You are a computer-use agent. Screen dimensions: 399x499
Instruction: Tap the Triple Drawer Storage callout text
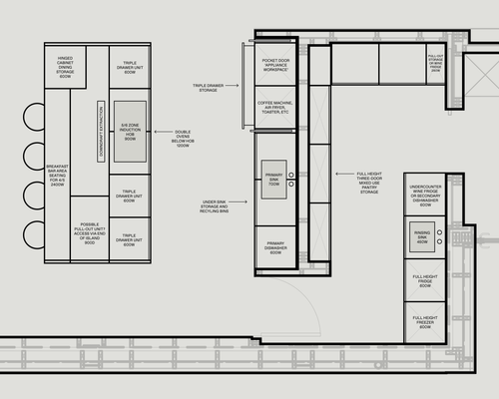[x=211, y=88]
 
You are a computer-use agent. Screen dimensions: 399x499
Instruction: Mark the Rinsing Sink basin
[x=422, y=237]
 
